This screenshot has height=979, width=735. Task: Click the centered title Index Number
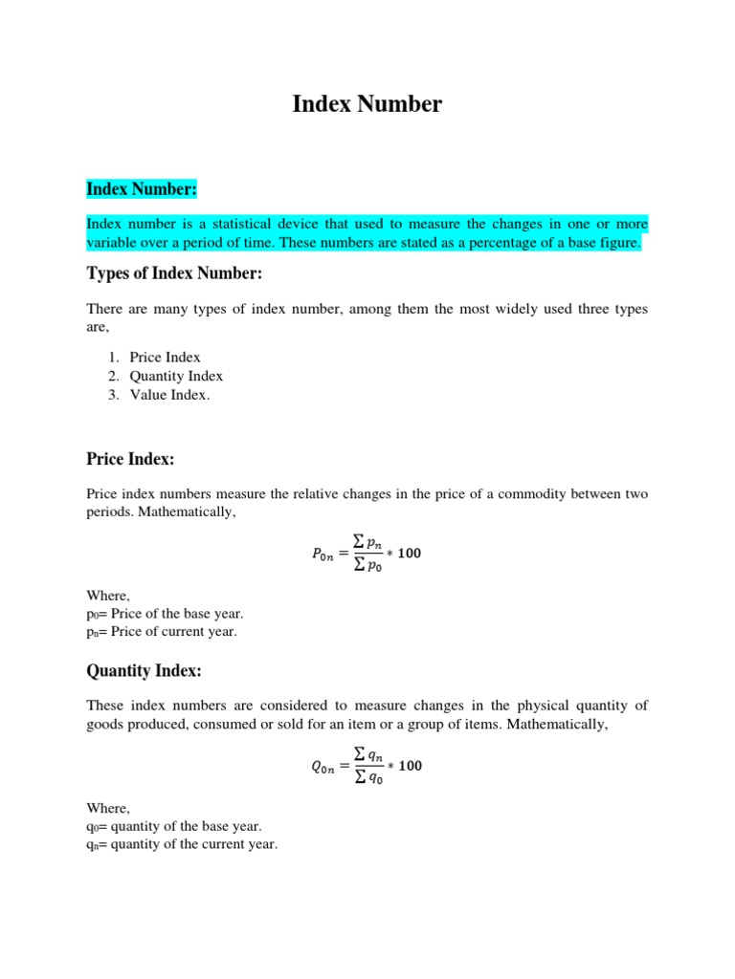pos(367,104)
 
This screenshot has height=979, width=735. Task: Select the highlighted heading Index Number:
pos(141,189)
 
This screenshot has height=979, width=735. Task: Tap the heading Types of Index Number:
pos(173,274)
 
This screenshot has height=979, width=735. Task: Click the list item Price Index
pos(165,357)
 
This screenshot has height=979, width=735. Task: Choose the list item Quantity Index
pos(176,376)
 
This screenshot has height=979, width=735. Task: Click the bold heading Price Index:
pos(130,460)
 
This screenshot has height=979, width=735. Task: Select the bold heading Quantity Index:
pos(144,671)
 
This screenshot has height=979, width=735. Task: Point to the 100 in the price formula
pos(409,554)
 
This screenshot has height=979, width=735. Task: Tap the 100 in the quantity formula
pos(409,766)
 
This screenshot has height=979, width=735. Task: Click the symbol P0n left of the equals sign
pos(326,555)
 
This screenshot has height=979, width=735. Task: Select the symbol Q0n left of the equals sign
pos(326,767)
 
